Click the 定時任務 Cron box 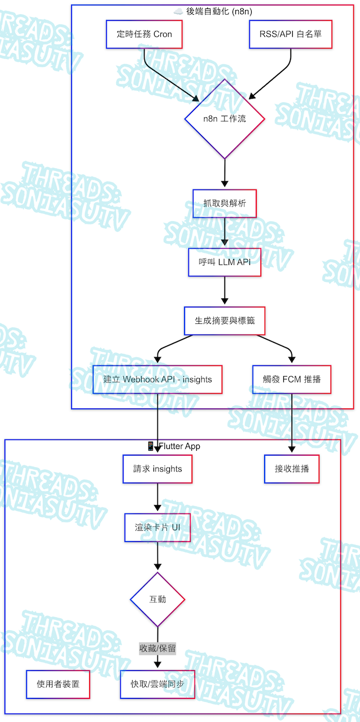[x=144, y=34]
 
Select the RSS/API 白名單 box [x=290, y=34]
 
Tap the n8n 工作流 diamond [x=225, y=119]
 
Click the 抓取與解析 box [x=225, y=204]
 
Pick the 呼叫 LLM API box [x=225, y=262]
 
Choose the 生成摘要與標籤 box [x=225, y=320]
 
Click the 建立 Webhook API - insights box [x=157, y=379]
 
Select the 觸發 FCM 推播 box [x=292, y=379]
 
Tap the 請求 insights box [x=157, y=469]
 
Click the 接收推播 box [x=292, y=469]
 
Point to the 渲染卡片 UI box [x=157, y=527]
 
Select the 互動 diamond [x=157, y=599]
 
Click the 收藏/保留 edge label [x=157, y=649]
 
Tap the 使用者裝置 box [x=58, y=684]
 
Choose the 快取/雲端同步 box [x=157, y=684]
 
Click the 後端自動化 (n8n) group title [x=213, y=11]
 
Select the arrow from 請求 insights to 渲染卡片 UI [x=157, y=498]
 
